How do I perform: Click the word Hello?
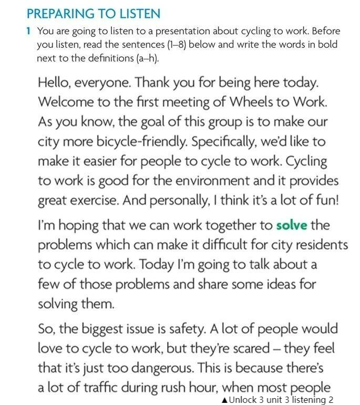(x=54, y=83)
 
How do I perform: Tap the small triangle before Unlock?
(x=225, y=400)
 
